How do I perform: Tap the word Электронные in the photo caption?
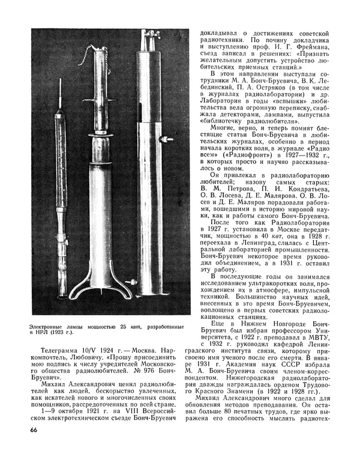[48, 327]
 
